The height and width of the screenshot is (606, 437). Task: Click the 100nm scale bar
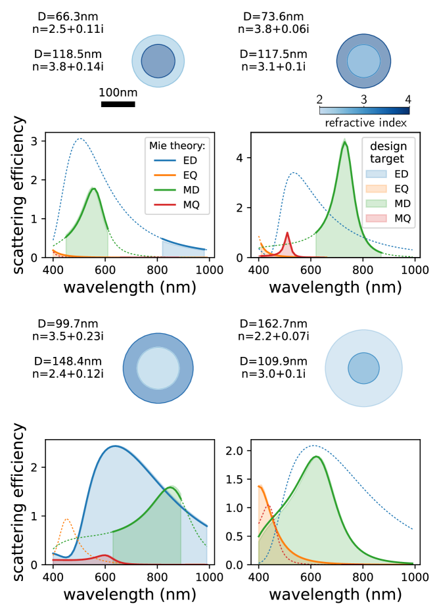click(x=118, y=103)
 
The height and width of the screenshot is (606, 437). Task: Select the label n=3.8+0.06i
click(x=274, y=28)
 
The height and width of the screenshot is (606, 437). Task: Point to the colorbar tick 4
click(x=408, y=100)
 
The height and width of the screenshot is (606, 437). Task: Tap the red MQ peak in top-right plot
click(x=287, y=233)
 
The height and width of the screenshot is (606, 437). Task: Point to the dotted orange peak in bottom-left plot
click(x=66, y=519)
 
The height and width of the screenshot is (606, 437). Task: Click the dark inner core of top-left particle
click(x=158, y=61)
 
